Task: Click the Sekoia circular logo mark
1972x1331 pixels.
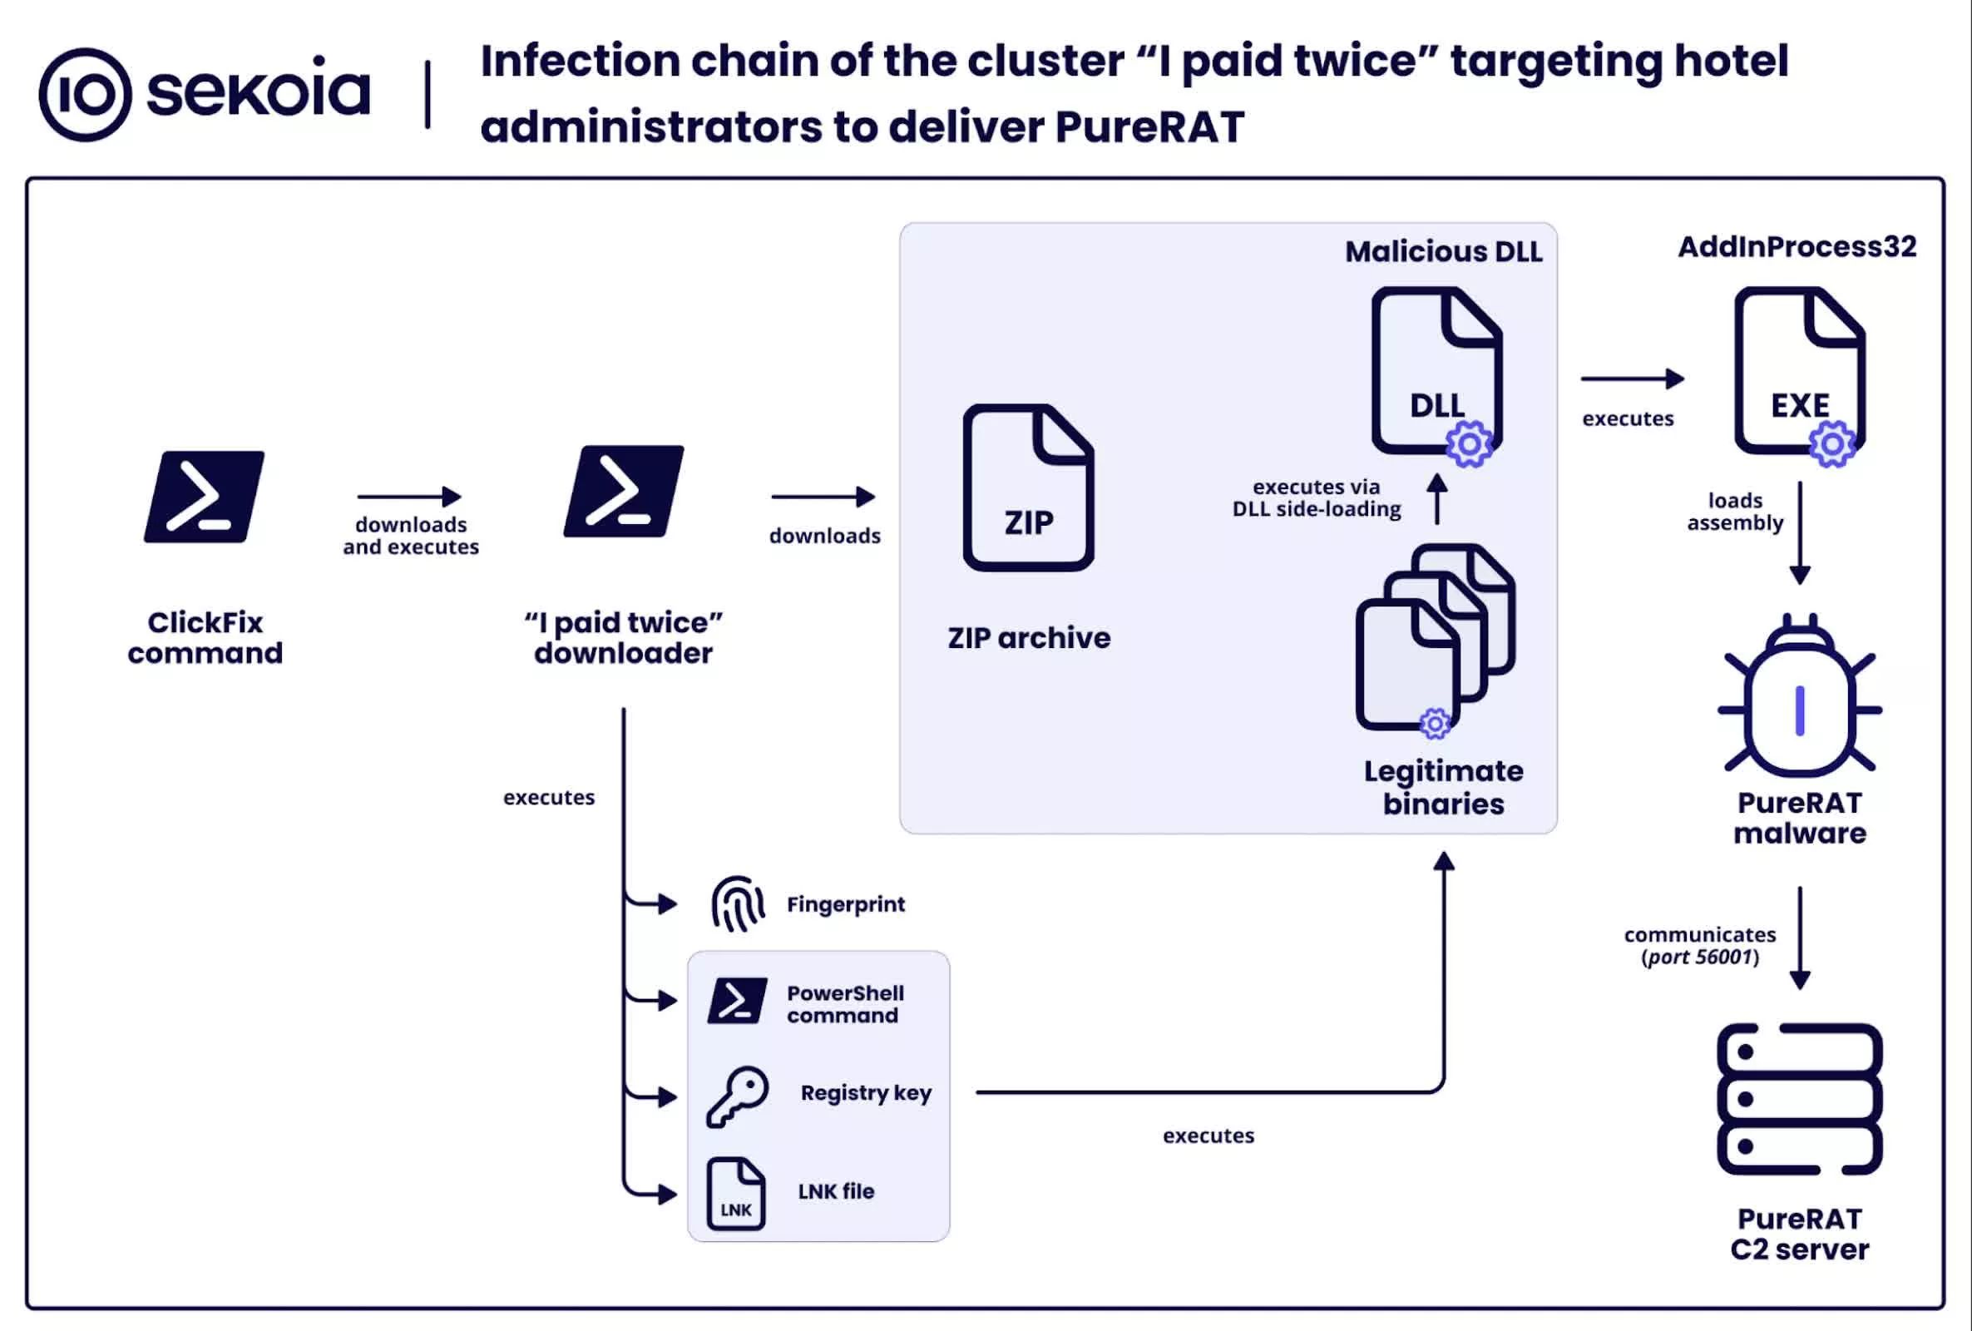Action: click(85, 94)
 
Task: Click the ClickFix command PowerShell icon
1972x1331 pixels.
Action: click(204, 497)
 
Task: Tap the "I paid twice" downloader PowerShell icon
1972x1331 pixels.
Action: click(624, 492)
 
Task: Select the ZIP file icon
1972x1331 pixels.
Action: click(1029, 487)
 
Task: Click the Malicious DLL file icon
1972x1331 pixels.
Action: click(1436, 372)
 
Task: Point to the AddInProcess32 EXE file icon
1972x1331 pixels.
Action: click(1799, 372)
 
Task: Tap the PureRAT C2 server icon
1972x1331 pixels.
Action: click(1800, 1098)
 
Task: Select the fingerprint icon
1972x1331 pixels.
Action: click(738, 904)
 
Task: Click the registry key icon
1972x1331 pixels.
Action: click(738, 1096)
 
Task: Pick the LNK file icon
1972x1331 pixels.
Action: click(736, 1194)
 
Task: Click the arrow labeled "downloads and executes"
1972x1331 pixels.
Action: click(410, 496)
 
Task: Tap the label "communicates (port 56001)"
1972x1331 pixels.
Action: click(1700, 946)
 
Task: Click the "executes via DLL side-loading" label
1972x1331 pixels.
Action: click(1316, 498)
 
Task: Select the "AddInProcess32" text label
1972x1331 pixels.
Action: click(1797, 246)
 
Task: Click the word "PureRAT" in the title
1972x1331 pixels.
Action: click(1149, 127)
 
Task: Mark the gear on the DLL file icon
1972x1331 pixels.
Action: click(1470, 444)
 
